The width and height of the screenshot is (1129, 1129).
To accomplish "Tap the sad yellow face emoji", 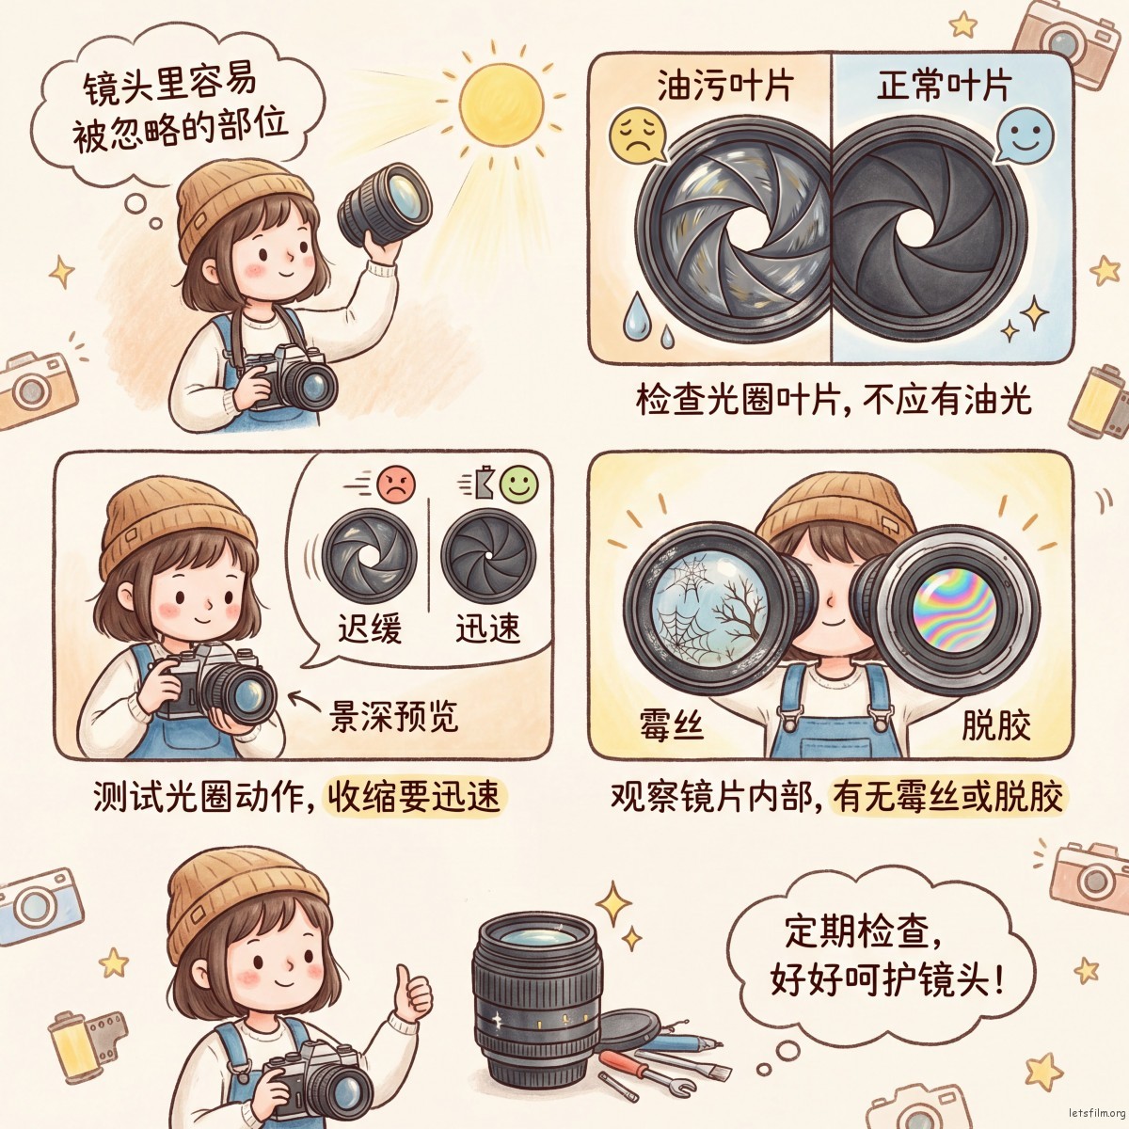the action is (636, 135).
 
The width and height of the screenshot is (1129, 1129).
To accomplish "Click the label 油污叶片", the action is (724, 87).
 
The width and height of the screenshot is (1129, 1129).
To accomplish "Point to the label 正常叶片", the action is (944, 87).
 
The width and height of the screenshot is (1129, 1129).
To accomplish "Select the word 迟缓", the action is (370, 628).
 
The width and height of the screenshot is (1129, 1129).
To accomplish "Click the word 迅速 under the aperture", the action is (488, 628).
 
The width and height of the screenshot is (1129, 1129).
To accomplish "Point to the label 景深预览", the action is (393, 716).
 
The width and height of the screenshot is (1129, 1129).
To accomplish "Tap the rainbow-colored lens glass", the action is (954, 608).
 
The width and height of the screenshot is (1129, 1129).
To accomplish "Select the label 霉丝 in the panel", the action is (672, 725).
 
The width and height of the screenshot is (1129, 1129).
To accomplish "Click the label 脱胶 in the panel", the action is (995, 725).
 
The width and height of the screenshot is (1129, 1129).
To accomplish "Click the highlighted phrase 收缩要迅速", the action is (413, 798).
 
